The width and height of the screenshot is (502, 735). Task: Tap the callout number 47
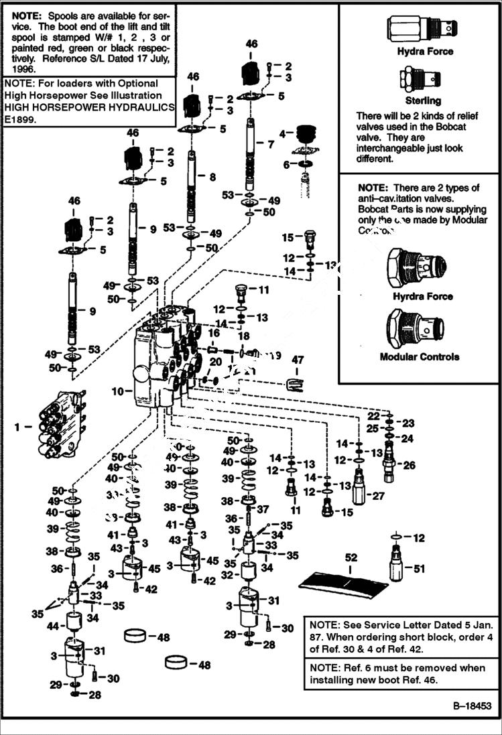[297, 360]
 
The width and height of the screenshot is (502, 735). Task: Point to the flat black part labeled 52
[343, 584]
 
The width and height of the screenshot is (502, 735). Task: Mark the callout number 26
[409, 465]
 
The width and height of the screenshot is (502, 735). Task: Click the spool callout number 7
[270, 144]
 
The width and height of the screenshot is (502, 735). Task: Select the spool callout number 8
[212, 178]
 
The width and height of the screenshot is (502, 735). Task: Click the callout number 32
[227, 574]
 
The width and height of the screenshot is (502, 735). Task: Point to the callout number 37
[263, 509]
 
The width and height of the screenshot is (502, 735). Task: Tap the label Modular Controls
[420, 356]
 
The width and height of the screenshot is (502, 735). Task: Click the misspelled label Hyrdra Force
[423, 296]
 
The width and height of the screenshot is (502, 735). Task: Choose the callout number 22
[373, 415]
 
